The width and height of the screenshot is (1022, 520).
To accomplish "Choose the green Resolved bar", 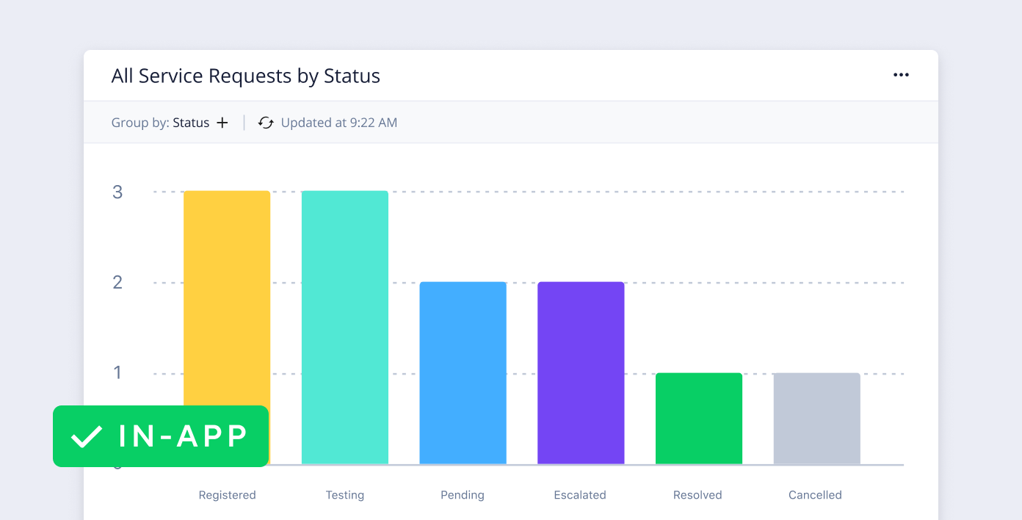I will [x=698, y=418].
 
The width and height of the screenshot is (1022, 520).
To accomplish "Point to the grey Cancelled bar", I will [x=816, y=418].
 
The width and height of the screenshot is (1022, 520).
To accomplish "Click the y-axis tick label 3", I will [x=117, y=192].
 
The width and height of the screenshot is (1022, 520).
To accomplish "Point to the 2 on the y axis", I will [x=117, y=283].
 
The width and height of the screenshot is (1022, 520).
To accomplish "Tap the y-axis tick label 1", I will [x=117, y=373].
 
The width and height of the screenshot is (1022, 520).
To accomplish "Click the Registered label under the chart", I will [x=227, y=495].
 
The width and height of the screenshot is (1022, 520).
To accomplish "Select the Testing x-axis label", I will [x=345, y=495].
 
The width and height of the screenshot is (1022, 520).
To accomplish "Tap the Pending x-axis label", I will [x=463, y=495].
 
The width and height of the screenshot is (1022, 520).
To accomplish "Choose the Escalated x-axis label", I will [x=580, y=495].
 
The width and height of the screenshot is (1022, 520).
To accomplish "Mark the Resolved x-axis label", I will [x=697, y=495].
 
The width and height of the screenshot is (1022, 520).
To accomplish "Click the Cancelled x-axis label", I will [x=815, y=495].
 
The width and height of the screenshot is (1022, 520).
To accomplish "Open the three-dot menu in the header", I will [x=901, y=75].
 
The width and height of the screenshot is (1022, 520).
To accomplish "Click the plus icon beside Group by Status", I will [x=222, y=123].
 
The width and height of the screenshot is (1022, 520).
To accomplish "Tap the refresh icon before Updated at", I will [x=266, y=123].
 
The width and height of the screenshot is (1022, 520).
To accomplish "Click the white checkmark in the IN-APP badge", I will [x=87, y=436].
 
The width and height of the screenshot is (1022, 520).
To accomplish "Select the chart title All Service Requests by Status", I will [x=245, y=76].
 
